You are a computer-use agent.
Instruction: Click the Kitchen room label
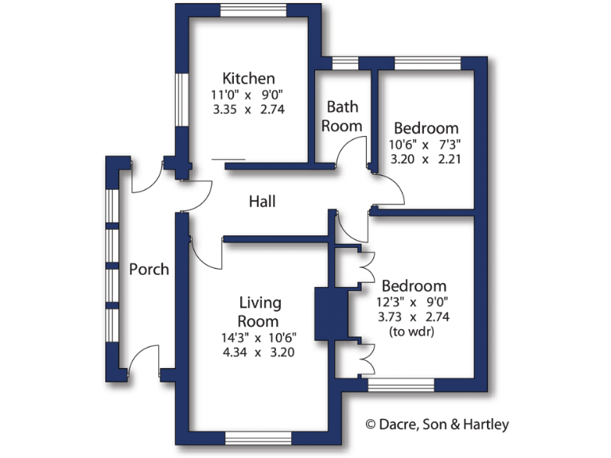[248, 79]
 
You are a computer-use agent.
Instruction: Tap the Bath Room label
[343, 116]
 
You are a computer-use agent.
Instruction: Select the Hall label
[262, 202]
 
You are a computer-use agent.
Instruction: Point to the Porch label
[149, 270]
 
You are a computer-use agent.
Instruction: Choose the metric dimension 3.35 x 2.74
[248, 110]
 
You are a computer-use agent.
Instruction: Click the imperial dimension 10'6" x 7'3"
[426, 144]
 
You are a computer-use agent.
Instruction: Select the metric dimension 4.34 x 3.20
[259, 351]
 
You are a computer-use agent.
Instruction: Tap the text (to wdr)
[413, 332]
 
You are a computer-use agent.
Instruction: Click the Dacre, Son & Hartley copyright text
[437, 425]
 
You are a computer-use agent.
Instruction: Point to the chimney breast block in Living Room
[326, 313]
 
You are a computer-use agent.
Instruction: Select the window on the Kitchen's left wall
[181, 100]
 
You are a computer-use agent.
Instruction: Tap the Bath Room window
[344, 63]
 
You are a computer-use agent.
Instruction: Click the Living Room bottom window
[259, 437]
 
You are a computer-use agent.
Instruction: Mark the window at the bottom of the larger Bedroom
[401, 386]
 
